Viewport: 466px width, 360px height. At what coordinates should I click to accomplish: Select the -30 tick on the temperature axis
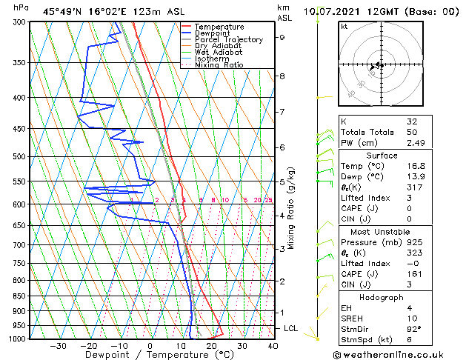click(x=58, y=346)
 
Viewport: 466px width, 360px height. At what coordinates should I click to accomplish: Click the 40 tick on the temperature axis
click(x=273, y=346)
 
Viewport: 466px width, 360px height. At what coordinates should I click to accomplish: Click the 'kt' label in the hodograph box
click(x=344, y=26)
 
